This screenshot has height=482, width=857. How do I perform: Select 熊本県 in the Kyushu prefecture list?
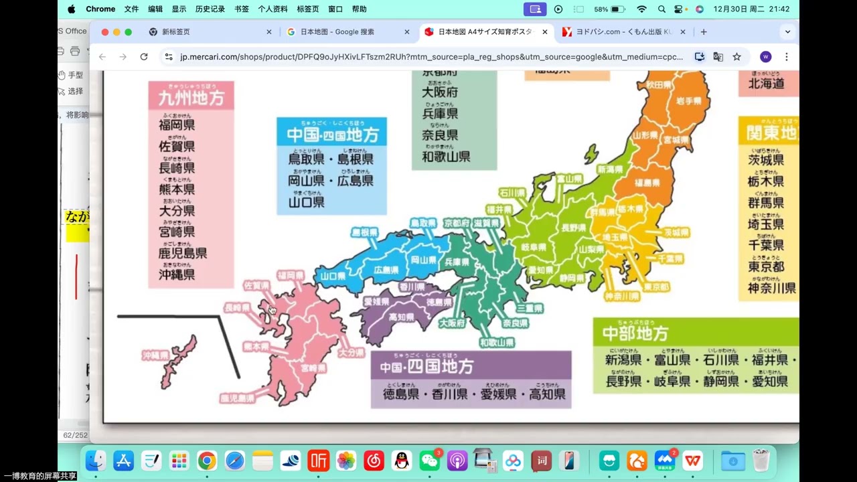point(177,189)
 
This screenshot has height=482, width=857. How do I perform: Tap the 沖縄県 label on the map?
point(155,355)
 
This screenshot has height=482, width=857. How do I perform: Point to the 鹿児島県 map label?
point(238,398)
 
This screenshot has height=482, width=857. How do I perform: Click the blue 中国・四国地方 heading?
point(332,135)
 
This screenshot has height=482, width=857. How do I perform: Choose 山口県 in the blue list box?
point(306,202)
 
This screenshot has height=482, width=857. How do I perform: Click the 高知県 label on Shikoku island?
point(401,317)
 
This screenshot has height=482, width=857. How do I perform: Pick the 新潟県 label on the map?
point(610,169)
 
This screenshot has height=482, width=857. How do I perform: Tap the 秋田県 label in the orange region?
point(658,85)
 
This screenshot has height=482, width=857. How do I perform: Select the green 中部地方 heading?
point(635,333)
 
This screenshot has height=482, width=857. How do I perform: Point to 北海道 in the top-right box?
point(766,84)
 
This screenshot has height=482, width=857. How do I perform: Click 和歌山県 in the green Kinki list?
point(446,157)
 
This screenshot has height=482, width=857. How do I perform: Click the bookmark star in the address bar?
point(737,57)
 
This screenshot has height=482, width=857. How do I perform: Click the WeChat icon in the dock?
point(429,461)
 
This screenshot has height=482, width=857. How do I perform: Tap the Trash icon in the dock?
point(761,461)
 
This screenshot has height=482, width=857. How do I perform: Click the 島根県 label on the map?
point(364,233)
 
